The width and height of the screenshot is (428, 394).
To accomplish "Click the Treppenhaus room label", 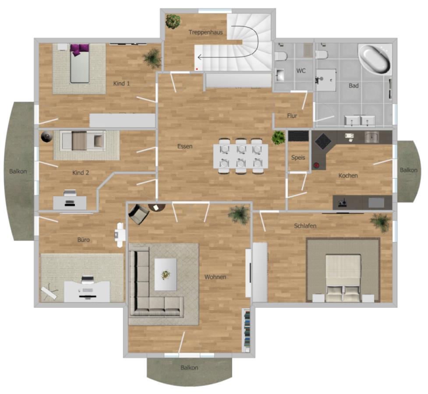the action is (x=205, y=32).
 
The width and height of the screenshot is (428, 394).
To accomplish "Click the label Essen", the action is (x=185, y=146).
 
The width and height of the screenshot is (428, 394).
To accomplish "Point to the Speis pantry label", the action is (x=298, y=158).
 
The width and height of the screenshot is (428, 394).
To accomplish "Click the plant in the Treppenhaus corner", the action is (x=173, y=21).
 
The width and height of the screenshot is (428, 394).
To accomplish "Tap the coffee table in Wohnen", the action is (x=166, y=274).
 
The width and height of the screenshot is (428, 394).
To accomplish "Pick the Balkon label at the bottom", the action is (x=189, y=368).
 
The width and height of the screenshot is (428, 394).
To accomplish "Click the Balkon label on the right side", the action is (x=409, y=170).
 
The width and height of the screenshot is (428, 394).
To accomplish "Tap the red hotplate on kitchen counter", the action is (x=316, y=165).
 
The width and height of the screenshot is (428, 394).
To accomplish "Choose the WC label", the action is (x=301, y=71).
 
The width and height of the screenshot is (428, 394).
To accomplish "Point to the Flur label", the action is (x=292, y=116).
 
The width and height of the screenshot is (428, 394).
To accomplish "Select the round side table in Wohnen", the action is (x=157, y=208).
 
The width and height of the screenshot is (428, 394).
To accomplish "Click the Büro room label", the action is (x=84, y=239).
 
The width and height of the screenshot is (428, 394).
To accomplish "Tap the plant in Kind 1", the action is (x=152, y=58).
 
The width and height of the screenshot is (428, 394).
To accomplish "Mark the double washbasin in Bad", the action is (x=360, y=120).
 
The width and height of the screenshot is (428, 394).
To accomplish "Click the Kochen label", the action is (x=348, y=176).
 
